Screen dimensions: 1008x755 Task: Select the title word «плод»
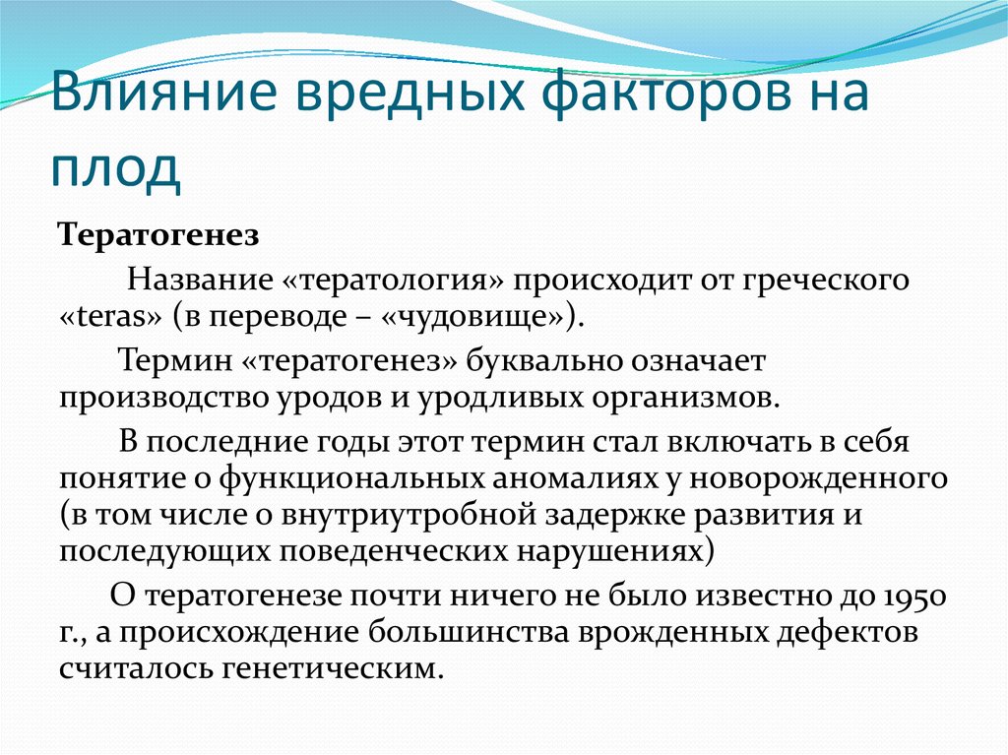pos(116,169)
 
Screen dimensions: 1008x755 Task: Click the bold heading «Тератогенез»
pos(158,235)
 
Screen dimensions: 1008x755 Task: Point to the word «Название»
pos(200,280)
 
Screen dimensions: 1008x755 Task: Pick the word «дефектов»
pos(847,632)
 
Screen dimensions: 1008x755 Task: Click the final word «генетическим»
pos(334,668)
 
